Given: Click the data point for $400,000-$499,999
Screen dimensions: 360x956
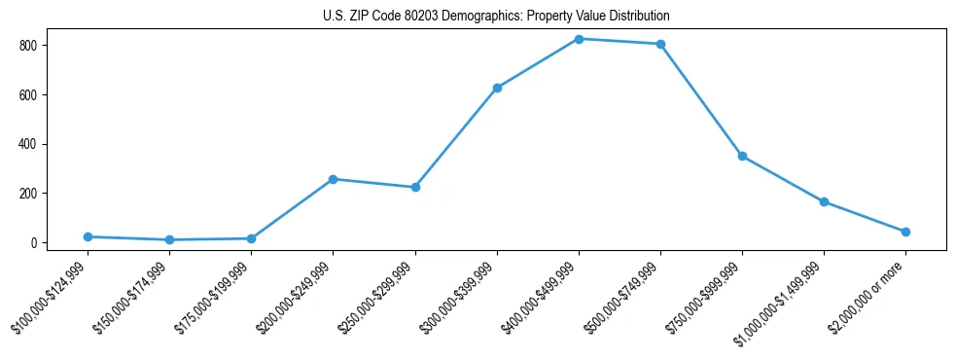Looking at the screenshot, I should (579, 39).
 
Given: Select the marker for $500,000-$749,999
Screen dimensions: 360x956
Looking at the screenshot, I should (660, 44).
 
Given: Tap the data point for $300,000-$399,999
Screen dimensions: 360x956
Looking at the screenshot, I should (497, 88).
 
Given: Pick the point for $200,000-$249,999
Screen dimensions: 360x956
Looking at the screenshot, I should (333, 179).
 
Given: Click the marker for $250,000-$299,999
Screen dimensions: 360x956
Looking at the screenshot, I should (415, 187).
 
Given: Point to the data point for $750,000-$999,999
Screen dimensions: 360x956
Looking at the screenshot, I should (742, 156).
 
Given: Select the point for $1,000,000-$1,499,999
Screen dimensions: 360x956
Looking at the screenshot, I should (824, 201).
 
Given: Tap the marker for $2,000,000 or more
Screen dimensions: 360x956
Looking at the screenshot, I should (905, 232).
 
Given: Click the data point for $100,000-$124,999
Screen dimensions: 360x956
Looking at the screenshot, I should (88, 236).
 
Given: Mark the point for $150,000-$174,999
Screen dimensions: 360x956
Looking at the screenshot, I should (169, 239).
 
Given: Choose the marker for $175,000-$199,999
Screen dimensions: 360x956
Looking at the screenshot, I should (251, 238).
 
